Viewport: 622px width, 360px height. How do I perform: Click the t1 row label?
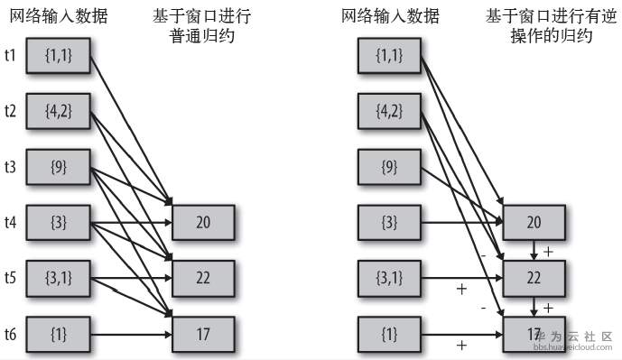point(10,56)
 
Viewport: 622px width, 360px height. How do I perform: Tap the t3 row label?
point(10,166)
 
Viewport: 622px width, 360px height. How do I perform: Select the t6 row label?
point(10,335)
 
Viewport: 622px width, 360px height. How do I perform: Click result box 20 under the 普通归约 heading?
point(203,221)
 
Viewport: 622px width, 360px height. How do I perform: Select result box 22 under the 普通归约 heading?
point(203,278)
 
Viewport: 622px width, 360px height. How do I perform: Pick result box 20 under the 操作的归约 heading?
point(534,221)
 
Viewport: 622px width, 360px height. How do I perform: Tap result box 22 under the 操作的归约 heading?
point(534,278)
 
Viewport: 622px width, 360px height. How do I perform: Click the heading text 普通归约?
point(203,36)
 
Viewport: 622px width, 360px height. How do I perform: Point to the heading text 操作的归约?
point(539,36)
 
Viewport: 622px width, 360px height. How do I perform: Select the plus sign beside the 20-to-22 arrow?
point(548,251)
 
